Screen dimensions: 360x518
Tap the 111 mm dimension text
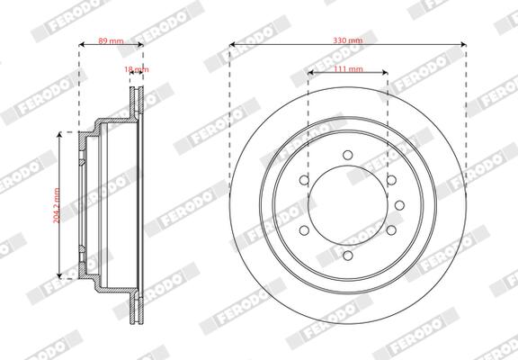(x=348, y=69)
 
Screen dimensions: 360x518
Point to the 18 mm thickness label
(x=137, y=69)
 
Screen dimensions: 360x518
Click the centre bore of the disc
(x=348, y=204)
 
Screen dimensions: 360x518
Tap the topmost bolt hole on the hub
(x=348, y=155)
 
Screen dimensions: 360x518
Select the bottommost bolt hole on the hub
(x=348, y=255)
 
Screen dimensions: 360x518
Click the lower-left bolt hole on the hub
(x=305, y=229)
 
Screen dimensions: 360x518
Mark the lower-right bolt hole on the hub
(x=391, y=229)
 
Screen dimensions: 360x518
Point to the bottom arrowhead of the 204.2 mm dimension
(x=62, y=275)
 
